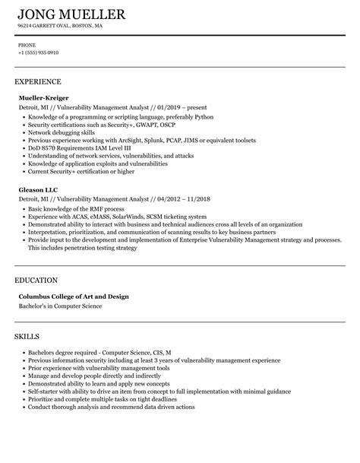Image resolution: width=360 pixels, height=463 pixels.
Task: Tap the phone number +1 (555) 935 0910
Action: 39,52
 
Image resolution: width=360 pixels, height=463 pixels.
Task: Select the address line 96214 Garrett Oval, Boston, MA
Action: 60,26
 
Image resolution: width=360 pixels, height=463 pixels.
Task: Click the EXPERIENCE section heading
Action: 37,81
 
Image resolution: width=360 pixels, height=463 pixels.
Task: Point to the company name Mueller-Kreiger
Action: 43,98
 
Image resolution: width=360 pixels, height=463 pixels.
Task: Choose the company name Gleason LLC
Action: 38,188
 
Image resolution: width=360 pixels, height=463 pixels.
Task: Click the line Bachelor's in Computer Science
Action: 60,306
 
